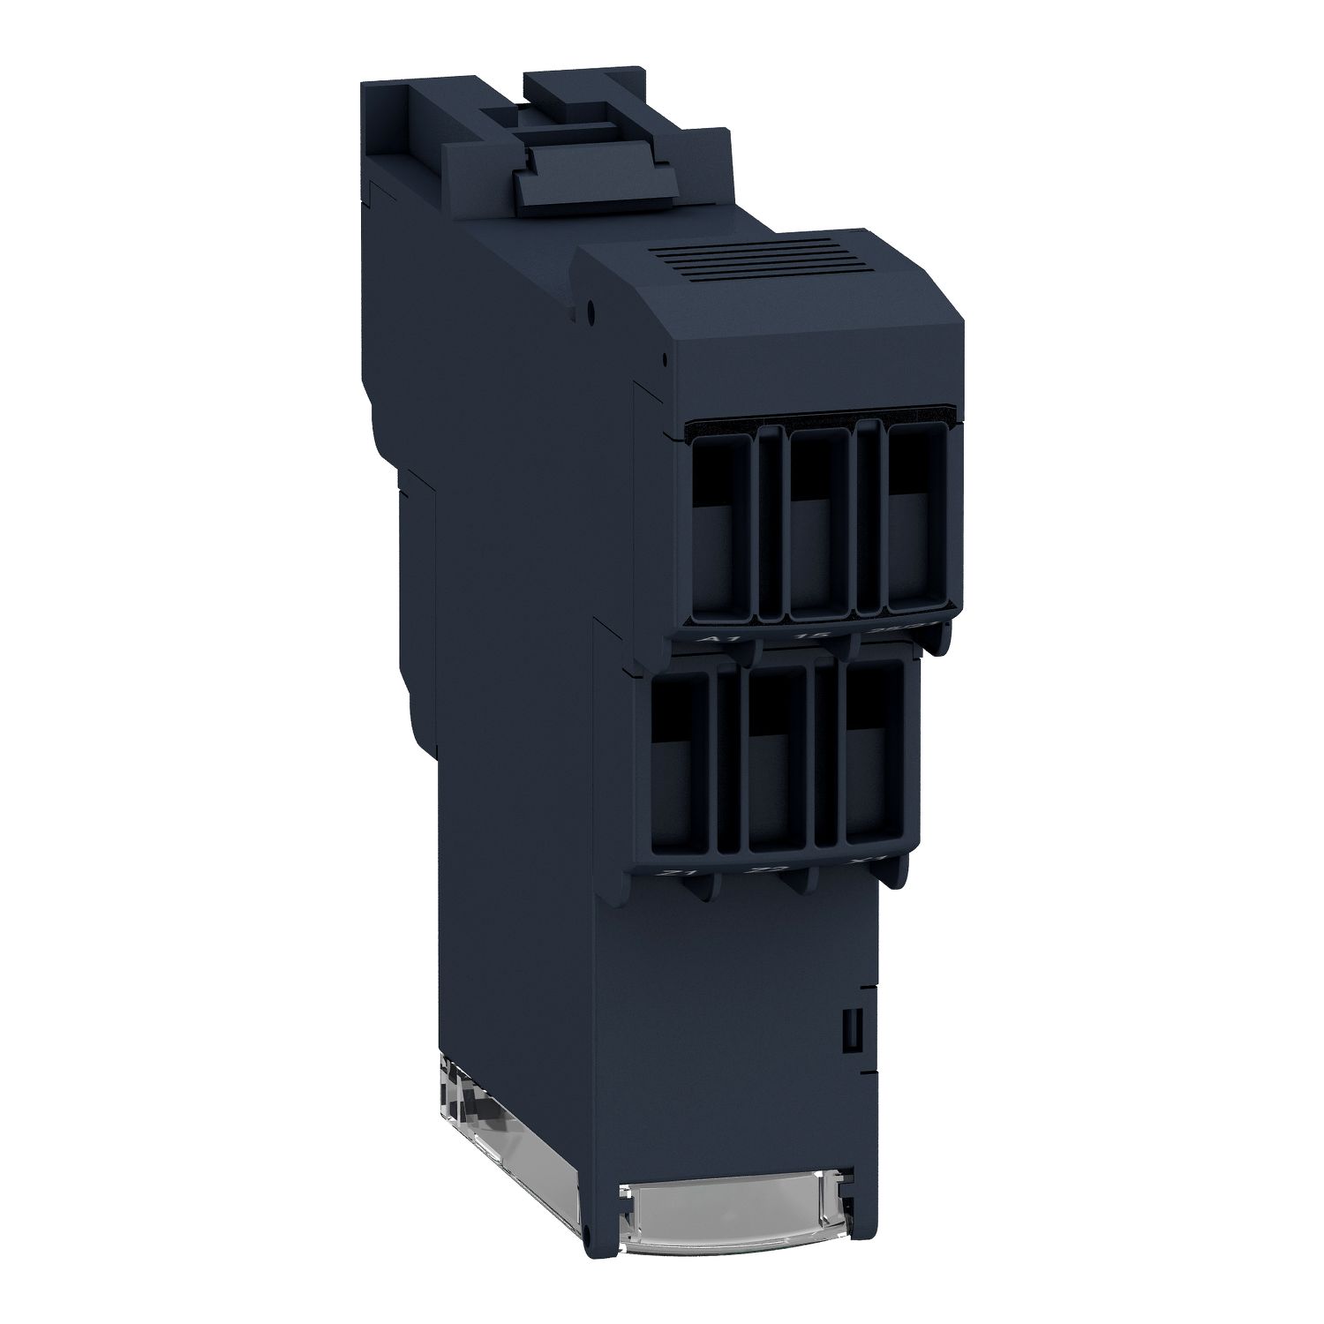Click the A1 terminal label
coord(707,638)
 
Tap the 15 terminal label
coord(804,636)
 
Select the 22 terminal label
coord(757,871)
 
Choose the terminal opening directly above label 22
coord(777,757)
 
